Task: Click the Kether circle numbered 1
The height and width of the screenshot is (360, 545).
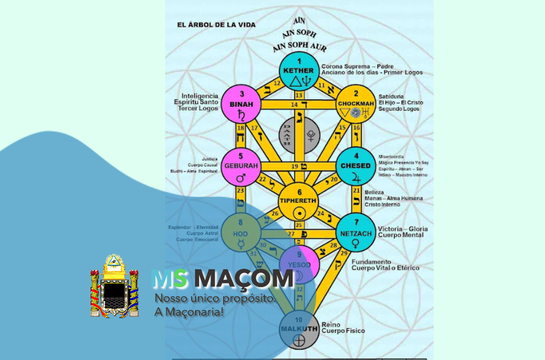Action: tap(298, 71)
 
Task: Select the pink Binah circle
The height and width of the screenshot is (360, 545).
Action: tap(242, 104)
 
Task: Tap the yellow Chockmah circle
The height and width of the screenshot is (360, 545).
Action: tap(355, 104)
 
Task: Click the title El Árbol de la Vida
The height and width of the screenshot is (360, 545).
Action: tap(216, 25)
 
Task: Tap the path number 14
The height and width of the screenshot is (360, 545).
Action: tap(294, 104)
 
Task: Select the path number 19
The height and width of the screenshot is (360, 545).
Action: tap(294, 166)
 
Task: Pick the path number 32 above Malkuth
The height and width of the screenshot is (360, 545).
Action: tap(299, 291)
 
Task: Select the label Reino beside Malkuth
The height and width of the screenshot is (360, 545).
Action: tap(331, 324)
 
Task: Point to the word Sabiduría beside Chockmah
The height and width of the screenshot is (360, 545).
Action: tap(391, 96)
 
